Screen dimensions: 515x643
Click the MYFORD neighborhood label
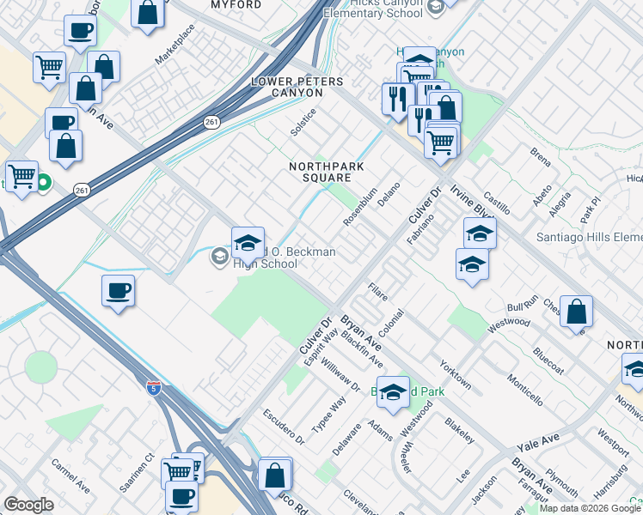tap(236, 5)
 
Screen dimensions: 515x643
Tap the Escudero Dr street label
tap(284, 426)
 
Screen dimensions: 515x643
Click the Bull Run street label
tap(522, 301)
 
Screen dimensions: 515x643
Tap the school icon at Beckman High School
tap(248, 244)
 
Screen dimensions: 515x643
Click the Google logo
tap(28, 505)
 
